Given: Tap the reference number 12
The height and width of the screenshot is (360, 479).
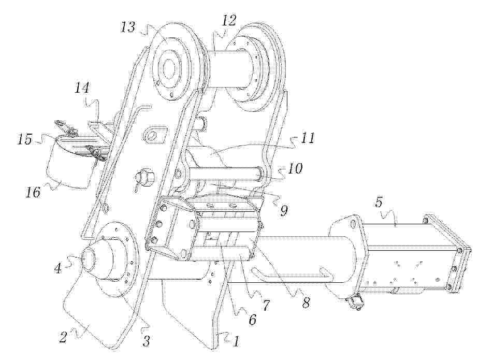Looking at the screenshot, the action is point(229,21).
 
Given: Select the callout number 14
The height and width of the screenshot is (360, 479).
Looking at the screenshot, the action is point(82,89).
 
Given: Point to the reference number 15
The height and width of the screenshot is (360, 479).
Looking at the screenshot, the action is point(25,139).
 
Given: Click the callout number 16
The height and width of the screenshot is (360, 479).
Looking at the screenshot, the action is point(34,193).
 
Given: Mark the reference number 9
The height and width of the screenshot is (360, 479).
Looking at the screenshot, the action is point(284,210).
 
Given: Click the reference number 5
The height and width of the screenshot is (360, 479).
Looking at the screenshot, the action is point(379,203).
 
